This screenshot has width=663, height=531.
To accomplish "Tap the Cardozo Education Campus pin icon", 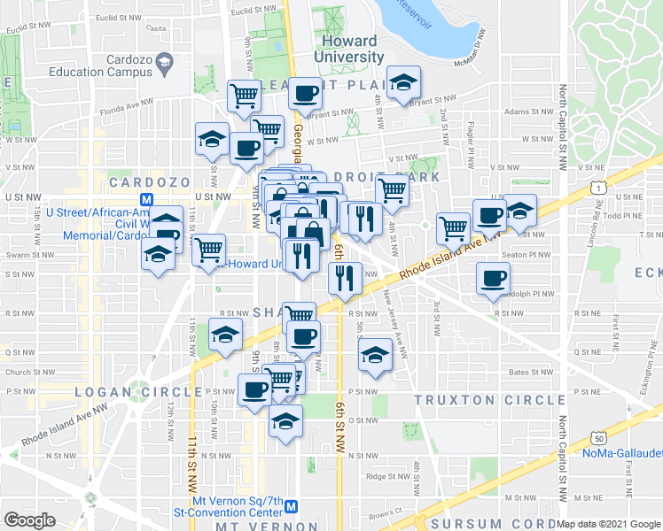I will pyautogui.click(x=164, y=62).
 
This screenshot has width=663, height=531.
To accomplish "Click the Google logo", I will pyautogui.click(x=29, y=520).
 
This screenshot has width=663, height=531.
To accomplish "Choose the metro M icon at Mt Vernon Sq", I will pyautogui.click(x=292, y=508).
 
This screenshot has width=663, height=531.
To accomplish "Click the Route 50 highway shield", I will pyautogui.click(x=599, y=438).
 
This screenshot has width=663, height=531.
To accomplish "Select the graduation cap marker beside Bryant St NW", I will pyautogui.click(x=404, y=84).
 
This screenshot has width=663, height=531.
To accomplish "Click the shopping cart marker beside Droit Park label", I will pyautogui.click(x=391, y=189).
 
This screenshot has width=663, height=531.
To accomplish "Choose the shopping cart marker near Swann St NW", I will pyautogui.click(x=208, y=250).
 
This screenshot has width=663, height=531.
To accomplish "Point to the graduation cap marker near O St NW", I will pyautogui.click(x=285, y=422).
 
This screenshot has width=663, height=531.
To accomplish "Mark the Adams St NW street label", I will pyautogui.click(x=527, y=112).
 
